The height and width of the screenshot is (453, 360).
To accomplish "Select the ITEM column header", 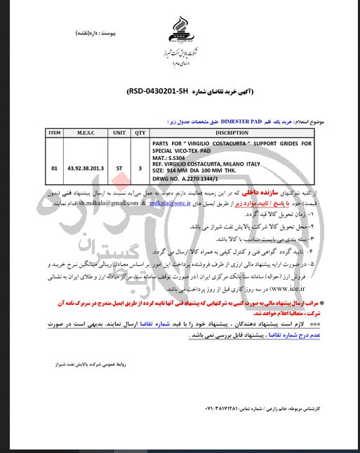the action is click(x=55, y=132).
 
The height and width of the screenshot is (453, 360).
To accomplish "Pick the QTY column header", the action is click(x=140, y=132).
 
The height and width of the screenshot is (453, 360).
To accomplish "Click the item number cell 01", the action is click(x=55, y=168).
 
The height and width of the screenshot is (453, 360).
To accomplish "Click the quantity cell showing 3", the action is click(x=140, y=168).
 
